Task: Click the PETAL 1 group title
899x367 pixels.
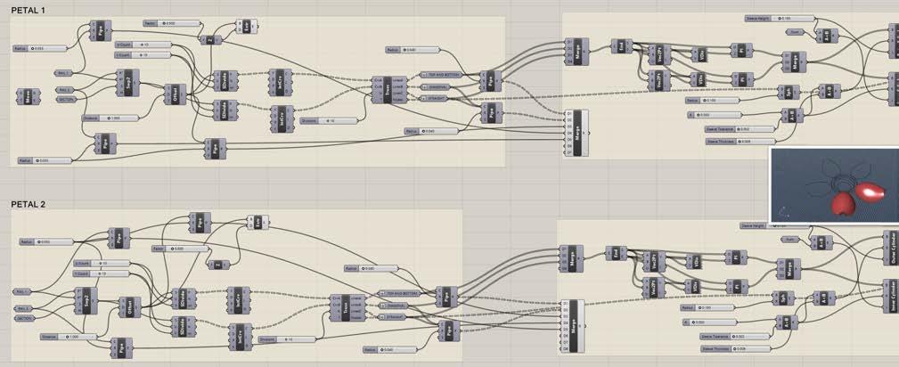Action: [x=29, y=9]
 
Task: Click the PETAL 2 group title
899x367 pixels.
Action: [x=29, y=204]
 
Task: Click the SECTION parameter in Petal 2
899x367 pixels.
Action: [x=25, y=317]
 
